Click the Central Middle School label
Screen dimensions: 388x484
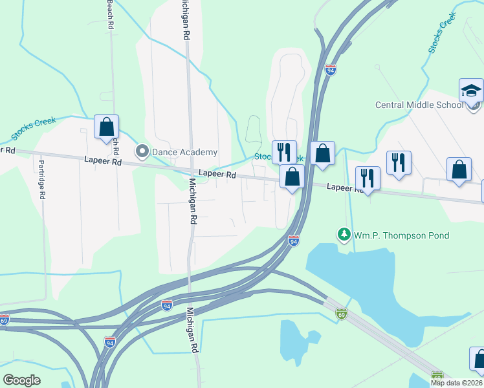click(x=419, y=105)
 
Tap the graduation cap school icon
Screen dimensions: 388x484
click(x=471, y=91)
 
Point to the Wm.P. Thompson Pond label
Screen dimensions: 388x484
click(x=401, y=235)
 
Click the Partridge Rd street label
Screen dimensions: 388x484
click(x=41, y=180)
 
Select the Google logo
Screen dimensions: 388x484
click(x=21, y=380)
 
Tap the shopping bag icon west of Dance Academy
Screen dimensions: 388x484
click(x=106, y=127)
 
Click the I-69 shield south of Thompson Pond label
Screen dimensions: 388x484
click(x=341, y=314)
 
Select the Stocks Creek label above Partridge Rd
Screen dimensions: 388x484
click(x=34, y=128)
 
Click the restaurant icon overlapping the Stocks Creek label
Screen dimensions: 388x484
click(x=284, y=152)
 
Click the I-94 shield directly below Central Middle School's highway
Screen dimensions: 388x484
click(x=331, y=69)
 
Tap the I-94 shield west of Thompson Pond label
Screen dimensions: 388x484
click(x=294, y=241)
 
